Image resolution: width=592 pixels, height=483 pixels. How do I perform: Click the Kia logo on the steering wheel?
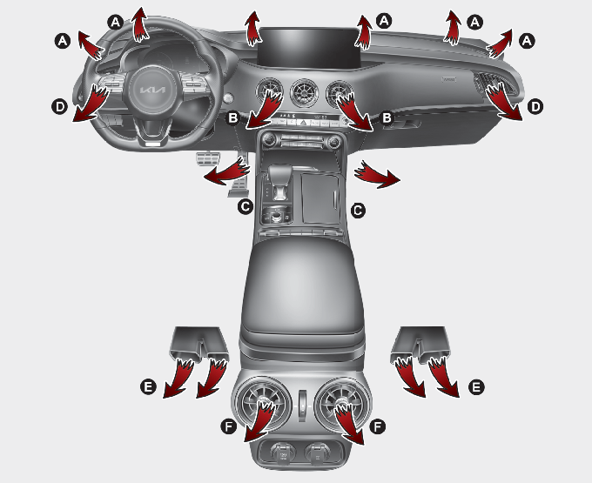tap(152, 91)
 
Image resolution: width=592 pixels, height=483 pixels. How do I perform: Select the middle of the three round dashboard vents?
tap(304, 94)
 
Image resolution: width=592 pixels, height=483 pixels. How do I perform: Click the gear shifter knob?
tap(279, 174)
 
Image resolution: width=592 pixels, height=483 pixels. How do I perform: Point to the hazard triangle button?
tap(303, 122)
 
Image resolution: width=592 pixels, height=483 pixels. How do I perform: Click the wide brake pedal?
tap(207, 159)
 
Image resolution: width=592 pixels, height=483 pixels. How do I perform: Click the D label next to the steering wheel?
tap(60, 107)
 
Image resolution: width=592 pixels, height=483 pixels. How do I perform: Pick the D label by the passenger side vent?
tap(535, 107)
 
